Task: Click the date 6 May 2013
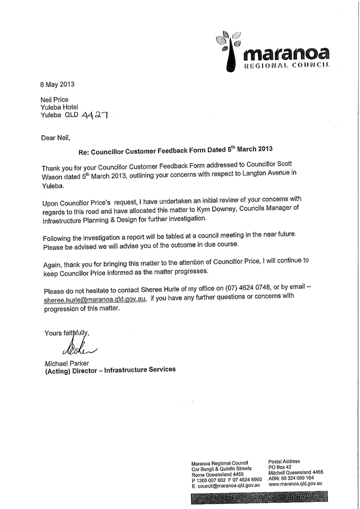tap(58, 84)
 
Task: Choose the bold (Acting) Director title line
tap(110, 371)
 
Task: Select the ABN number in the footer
tap(293, 478)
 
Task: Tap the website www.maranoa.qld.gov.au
tap(295, 483)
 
